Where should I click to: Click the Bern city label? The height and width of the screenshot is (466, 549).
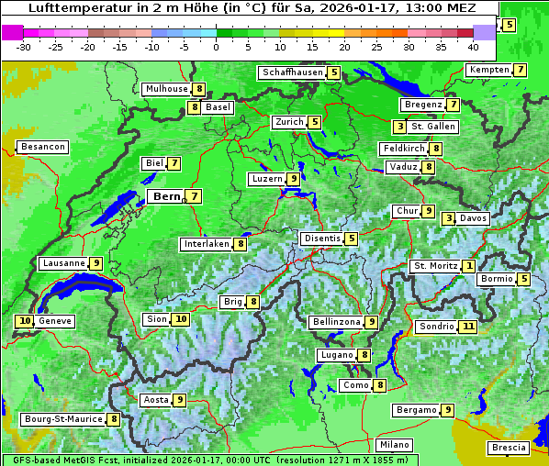(x=167, y=196)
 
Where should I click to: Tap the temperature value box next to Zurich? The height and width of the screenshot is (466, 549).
(x=314, y=122)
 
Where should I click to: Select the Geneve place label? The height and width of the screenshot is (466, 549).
(x=55, y=321)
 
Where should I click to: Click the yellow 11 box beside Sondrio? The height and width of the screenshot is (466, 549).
(x=468, y=326)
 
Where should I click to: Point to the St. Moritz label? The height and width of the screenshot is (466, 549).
(x=434, y=266)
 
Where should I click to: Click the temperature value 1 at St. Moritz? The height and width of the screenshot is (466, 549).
(x=468, y=266)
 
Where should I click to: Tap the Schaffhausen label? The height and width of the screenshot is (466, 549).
(x=291, y=72)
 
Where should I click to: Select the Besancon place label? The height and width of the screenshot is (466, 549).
(x=43, y=147)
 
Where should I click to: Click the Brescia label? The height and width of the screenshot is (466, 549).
(x=509, y=448)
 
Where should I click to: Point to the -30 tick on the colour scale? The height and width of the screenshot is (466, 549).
(x=25, y=47)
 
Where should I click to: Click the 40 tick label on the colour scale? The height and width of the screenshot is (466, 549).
(x=473, y=47)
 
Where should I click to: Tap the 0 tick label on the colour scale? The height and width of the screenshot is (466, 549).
(x=216, y=47)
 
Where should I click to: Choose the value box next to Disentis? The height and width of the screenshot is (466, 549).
(x=351, y=239)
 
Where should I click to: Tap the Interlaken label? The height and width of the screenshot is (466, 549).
(x=206, y=244)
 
